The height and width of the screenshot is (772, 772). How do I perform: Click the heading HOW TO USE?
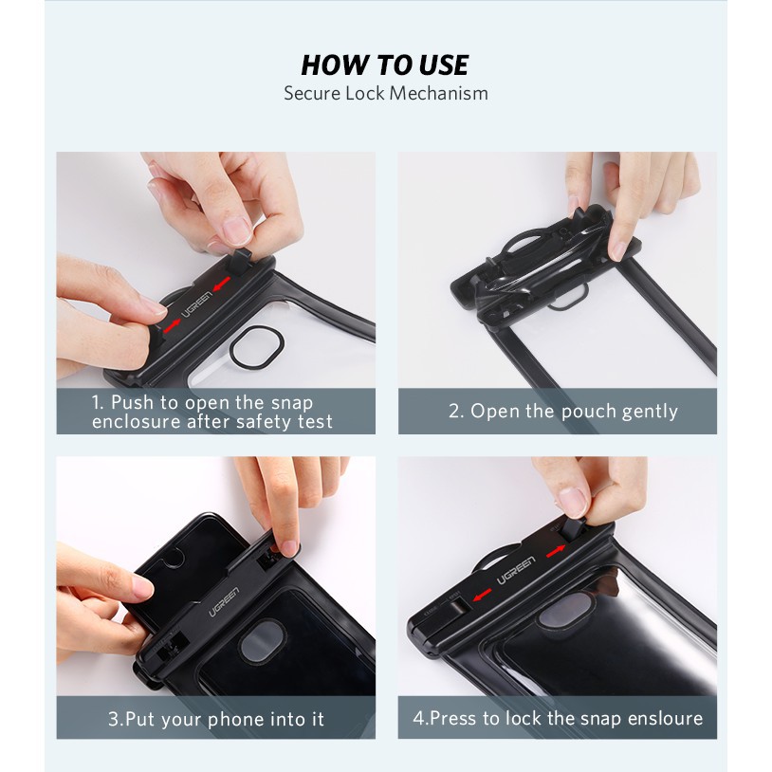tap(384, 65)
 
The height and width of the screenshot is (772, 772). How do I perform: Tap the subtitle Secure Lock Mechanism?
tap(385, 93)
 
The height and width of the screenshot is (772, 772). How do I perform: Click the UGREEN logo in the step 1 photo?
tap(196, 303)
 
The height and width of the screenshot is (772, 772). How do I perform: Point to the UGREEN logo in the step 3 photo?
tap(224, 601)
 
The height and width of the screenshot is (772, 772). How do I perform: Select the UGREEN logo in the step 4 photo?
tap(516, 571)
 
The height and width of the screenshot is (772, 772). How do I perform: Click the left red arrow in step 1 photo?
tap(173, 326)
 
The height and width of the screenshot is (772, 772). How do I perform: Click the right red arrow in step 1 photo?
tap(221, 285)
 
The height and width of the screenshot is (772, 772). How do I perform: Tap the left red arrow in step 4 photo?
tap(482, 596)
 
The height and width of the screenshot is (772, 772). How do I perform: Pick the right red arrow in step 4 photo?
tap(556, 551)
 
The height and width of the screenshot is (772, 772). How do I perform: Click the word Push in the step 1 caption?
tap(132, 402)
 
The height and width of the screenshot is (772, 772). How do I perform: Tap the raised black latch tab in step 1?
tap(240, 262)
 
